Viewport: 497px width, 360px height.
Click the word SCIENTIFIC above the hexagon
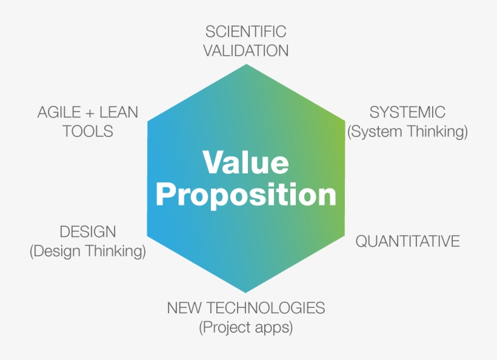point(245,32)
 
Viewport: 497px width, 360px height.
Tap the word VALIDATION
point(245,51)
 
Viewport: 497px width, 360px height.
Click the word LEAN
point(118,113)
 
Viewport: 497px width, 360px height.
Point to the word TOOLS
point(87,132)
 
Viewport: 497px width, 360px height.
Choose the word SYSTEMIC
point(407,113)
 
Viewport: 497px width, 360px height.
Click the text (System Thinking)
point(407,132)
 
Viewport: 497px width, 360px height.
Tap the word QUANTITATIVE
point(407,241)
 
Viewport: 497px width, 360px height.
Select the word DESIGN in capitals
point(87,232)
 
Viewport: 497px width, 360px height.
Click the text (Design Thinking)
point(87,251)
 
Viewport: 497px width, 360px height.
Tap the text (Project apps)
point(245,327)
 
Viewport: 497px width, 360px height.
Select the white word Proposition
point(245,195)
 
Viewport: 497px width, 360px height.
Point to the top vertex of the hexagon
point(245,64)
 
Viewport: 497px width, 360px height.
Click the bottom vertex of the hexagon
point(245,292)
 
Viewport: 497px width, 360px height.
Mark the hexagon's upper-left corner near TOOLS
point(148,121)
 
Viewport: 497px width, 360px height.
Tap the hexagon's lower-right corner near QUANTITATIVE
point(344,235)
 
